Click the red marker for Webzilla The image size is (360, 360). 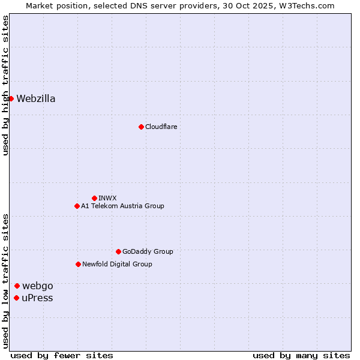click(11, 98)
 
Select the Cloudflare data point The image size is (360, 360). click(141, 127)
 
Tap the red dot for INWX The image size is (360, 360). click(94, 198)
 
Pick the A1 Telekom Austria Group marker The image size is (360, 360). click(77, 206)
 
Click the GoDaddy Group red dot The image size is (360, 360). click(118, 251)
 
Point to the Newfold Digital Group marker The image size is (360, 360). click(78, 264)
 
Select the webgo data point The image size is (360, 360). click(17, 286)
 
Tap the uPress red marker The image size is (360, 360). click(16, 298)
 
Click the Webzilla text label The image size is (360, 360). click(36, 99)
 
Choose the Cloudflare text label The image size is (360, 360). click(161, 127)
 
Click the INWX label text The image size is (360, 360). click(107, 198)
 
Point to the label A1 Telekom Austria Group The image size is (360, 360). click(122, 206)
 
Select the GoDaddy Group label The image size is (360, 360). click(148, 251)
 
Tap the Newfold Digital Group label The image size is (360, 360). click(117, 264)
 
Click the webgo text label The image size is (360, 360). click(38, 286)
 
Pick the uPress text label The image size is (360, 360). click(37, 298)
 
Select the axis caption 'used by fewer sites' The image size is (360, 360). click(62, 355)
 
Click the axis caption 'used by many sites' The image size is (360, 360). click(301, 355)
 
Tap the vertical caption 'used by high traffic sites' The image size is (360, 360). click(5, 85)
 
